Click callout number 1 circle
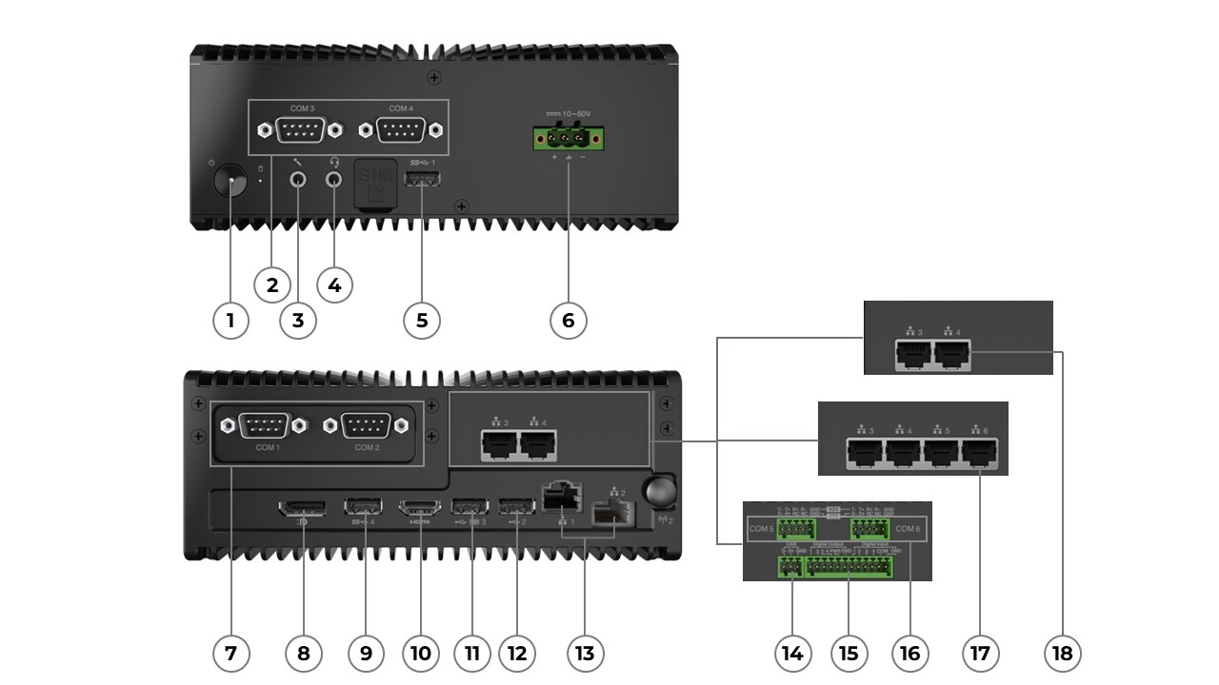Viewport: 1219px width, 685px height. coord(230,321)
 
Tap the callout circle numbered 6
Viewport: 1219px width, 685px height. coord(569,321)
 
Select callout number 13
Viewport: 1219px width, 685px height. coord(585,654)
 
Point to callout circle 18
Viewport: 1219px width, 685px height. coord(1063,654)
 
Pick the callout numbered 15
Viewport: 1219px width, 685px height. coord(849,654)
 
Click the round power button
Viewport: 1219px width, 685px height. coord(229,178)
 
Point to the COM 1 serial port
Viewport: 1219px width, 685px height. coord(267,425)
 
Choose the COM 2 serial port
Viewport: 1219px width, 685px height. coord(367,425)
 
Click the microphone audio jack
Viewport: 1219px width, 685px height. coord(299,177)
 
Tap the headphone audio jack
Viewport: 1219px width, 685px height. coord(334,177)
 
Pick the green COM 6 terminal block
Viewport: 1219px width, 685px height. coord(869,529)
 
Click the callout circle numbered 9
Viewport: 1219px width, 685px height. coord(366,654)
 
